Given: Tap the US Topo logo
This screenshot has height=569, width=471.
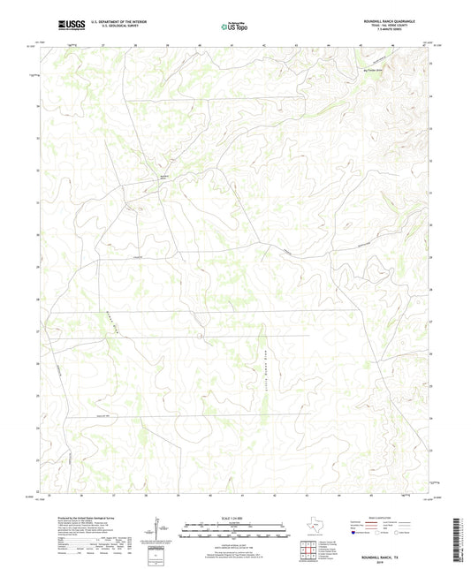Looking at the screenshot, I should point(235,26).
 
